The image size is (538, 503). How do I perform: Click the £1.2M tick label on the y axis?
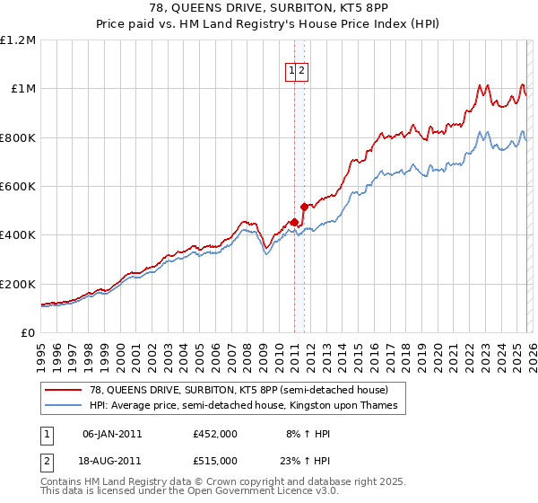[x=18, y=40]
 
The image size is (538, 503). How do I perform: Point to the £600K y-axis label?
[x=18, y=186]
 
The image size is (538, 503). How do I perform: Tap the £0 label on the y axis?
[x=28, y=332]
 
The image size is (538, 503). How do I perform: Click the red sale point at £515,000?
[x=304, y=207]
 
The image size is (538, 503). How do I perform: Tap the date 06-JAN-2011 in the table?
[x=112, y=433]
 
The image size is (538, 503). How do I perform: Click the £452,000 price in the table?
[x=215, y=433]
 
